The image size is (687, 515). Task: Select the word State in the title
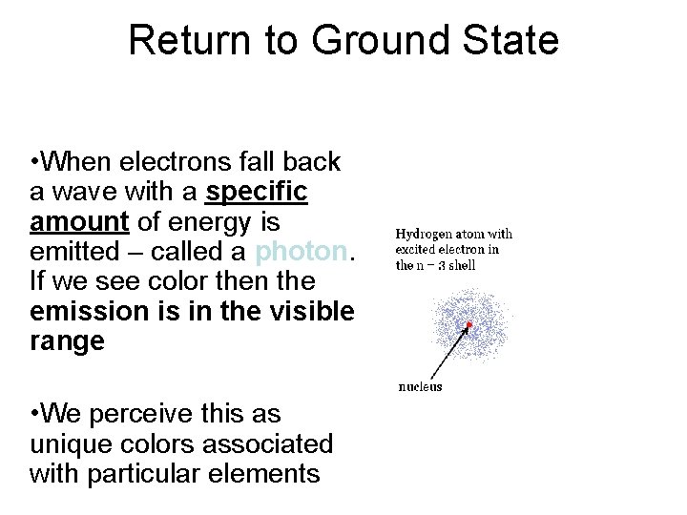tap(512, 41)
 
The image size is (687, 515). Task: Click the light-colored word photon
tap(301, 252)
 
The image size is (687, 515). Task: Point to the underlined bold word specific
tap(257, 192)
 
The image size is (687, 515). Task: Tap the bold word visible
tap(302, 312)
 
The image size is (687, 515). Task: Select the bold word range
tap(67, 342)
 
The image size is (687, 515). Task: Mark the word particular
tap(149, 474)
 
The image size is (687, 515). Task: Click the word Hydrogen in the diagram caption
tap(427, 234)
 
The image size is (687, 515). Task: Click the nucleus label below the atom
tap(420, 387)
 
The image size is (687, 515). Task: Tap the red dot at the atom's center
tap(469, 325)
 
